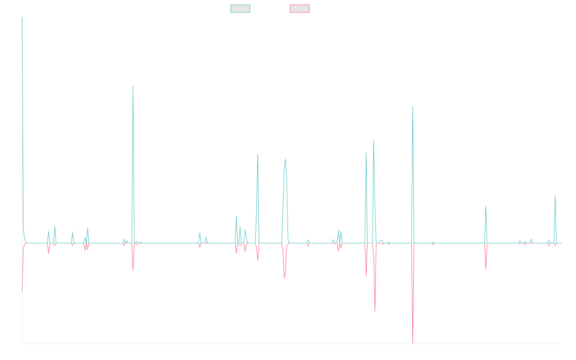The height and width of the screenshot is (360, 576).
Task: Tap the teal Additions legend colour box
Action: pos(240,9)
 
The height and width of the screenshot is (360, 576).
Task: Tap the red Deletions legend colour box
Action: pos(300,9)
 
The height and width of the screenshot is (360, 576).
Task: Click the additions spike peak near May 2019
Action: pos(133,86)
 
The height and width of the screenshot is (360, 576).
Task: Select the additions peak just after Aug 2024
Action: pos(486,207)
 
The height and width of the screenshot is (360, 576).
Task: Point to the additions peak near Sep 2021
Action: pos(286,159)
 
